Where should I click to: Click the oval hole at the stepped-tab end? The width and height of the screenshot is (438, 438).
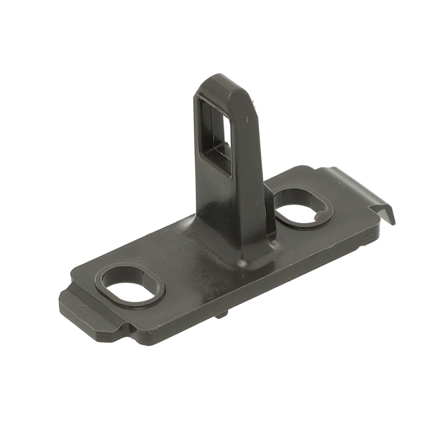tap(131, 287)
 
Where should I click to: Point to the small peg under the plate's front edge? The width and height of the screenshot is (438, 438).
tap(222, 314)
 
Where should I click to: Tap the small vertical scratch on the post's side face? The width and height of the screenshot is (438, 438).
tap(248, 119)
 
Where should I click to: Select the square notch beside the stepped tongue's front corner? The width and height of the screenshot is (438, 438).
tap(126, 325)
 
